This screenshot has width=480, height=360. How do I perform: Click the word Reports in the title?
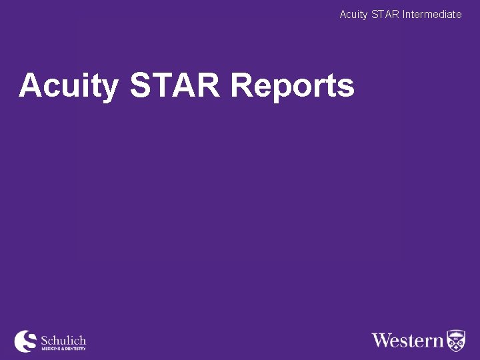[x=292, y=86]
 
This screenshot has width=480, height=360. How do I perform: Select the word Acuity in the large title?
[x=69, y=86]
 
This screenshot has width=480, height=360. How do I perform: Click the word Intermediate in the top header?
[x=432, y=14]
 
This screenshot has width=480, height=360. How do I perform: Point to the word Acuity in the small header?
[x=353, y=14]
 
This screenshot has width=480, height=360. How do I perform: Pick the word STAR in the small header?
[x=387, y=14]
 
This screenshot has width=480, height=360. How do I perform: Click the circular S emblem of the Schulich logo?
[x=26, y=341]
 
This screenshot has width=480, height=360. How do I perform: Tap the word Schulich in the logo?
[x=63, y=340]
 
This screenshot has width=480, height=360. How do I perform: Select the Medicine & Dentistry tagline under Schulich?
[x=63, y=349]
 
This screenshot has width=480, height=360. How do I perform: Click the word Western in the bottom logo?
[x=407, y=340]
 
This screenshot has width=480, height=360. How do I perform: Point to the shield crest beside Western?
[x=456, y=340]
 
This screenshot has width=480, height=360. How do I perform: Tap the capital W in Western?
[x=382, y=340]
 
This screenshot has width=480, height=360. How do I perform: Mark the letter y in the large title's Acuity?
[x=109, y=88]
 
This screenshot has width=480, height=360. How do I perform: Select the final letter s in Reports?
[x=346, y=87]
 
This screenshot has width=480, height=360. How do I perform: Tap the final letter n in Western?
[x=438, y=341]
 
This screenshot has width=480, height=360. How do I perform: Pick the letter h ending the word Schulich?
[x=82, y=340]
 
